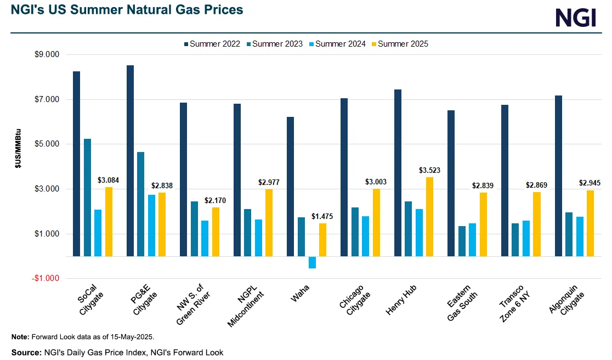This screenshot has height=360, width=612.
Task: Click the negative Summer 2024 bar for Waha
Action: pos(312,262)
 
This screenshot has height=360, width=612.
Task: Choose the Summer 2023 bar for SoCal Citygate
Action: pos(87,198)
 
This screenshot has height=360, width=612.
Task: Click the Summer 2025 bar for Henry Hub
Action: pos(430,217)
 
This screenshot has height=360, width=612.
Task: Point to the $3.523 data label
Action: pos(430,171)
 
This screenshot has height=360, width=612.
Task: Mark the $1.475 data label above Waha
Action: pos(322,217)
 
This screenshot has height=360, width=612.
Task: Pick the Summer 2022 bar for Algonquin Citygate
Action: pos(558,176)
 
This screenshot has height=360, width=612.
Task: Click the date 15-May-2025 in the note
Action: pos(133,336)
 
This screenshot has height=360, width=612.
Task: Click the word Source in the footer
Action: pos(25,352)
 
